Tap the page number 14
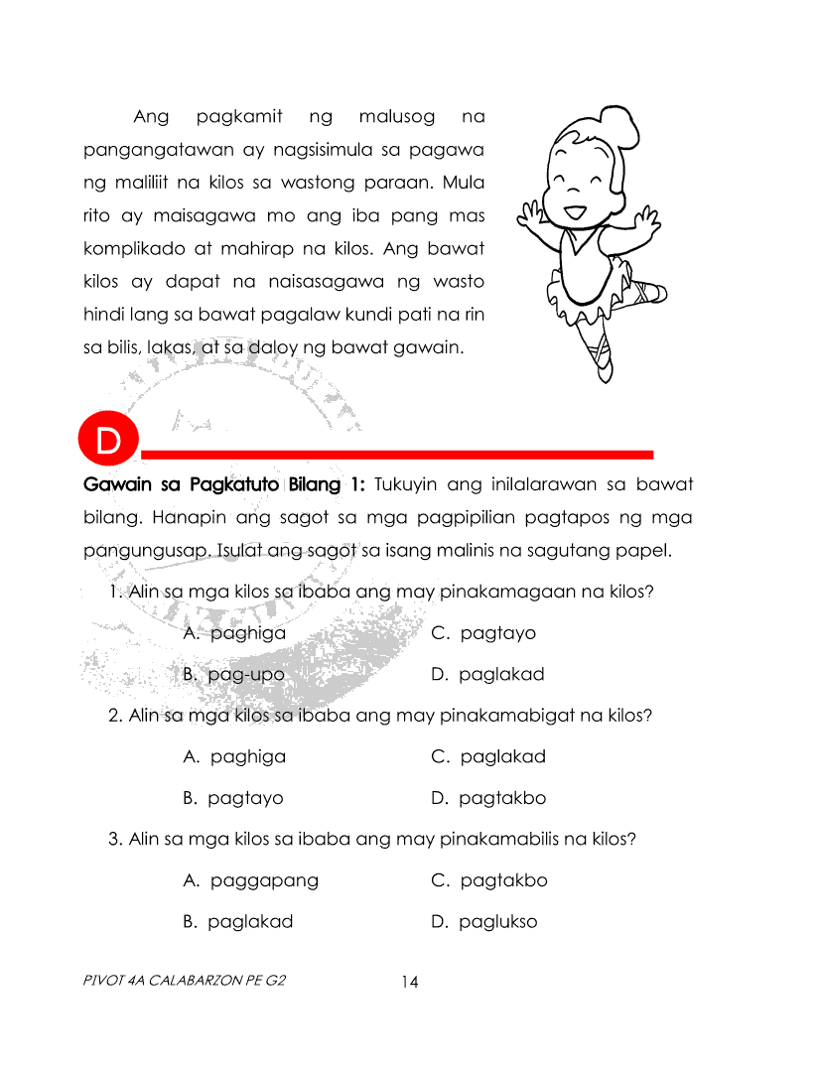[x=410, y=983]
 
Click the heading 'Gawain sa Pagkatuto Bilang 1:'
[x=225, y=485]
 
